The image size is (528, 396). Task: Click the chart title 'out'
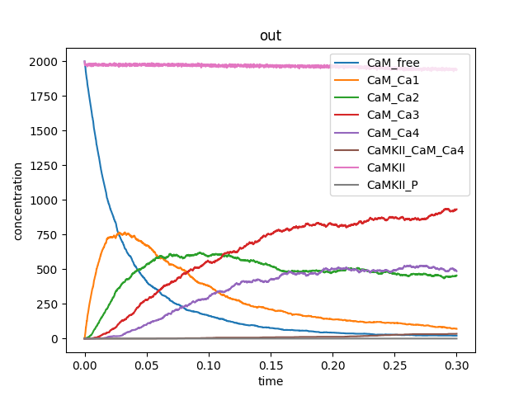[270, 37]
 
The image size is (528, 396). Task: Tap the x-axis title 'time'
[270, 381]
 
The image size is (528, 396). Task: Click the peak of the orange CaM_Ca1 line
[120, 233]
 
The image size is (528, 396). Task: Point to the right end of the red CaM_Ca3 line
[456, 210]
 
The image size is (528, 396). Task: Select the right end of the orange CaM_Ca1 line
[456, 329]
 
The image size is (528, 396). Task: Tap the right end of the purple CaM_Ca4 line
[456, 271]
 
